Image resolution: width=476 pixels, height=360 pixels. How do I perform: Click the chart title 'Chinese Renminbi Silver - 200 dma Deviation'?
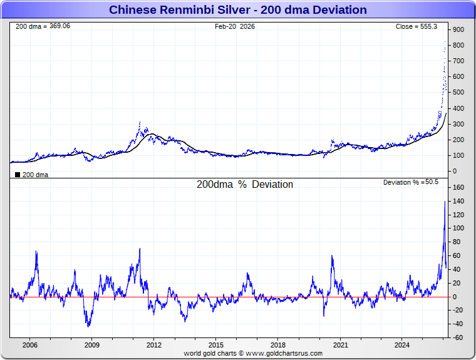pos(238,10)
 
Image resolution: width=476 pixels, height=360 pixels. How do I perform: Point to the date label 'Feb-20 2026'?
pos(235,26)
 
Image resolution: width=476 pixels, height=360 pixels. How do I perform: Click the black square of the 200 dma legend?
pos(17,175)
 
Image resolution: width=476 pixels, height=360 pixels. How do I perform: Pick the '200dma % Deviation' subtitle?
pos(245,185)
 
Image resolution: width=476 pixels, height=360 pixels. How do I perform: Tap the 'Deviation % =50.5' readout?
pos(411,182)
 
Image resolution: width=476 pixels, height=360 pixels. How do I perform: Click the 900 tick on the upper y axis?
pos(458,30)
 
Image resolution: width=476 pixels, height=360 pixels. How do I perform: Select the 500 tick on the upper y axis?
pos(458,93)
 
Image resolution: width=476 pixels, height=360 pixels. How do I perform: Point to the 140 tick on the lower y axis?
pos(458,201)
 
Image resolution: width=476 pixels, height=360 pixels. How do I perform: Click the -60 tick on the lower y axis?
pos(458,338)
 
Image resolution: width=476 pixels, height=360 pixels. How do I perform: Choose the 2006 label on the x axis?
pos(30,344)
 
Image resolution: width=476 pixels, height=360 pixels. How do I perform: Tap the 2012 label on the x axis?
pos(154,344)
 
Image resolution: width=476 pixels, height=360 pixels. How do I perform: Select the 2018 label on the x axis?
pos(278,344)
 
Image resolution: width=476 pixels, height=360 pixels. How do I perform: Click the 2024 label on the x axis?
pos(403,344)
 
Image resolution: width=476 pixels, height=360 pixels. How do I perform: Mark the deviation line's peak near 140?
pos(445,202)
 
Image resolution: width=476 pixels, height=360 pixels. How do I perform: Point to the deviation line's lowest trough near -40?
pos(88,326)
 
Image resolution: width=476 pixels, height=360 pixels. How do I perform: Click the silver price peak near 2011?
pos(140,122)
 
